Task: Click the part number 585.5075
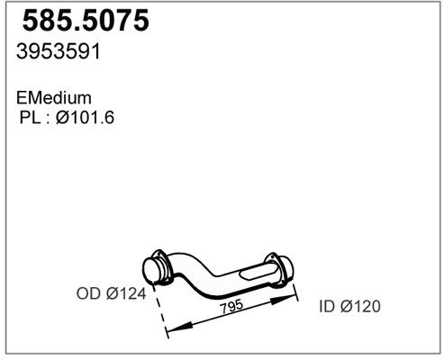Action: [x=86, y=21]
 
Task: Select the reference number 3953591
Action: [x=59, y=51]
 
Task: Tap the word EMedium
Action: [x=54, y=98]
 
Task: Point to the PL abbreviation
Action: [x=30, y=117]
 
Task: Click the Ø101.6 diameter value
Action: [x=85, y=117]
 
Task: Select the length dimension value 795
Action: [x=231, y=306]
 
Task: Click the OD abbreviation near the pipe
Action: [x=88, y=293]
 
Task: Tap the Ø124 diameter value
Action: [x=126, y=293]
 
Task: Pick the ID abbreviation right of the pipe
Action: [x=327, y=306]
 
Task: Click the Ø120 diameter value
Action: [x=360, y=306]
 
